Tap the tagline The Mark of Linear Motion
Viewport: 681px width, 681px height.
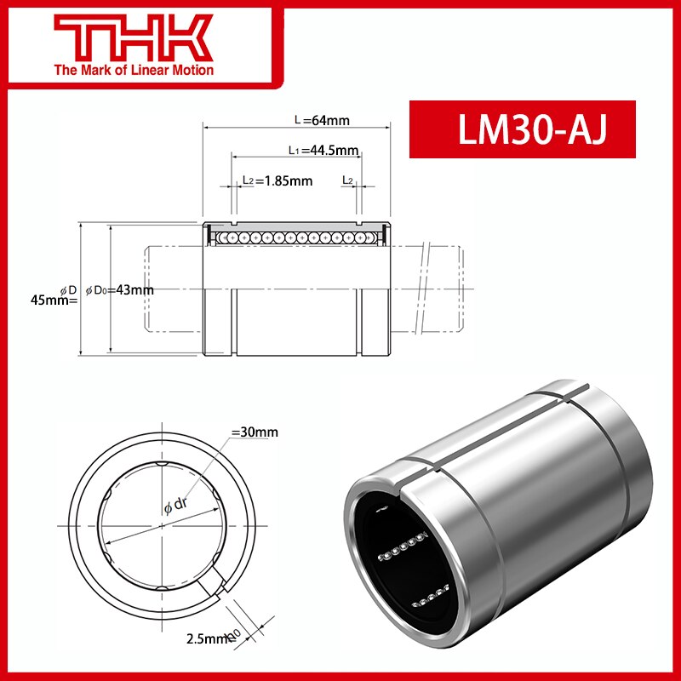point(134,70)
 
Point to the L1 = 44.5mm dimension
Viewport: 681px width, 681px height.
point(310,151)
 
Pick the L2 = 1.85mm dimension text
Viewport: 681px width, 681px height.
point(277,180)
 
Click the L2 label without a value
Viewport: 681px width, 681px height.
point(347,180)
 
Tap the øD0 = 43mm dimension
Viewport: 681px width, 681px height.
point(119,290)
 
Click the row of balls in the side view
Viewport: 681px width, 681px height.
point(295,236)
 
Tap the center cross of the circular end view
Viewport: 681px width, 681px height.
point(162,524)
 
